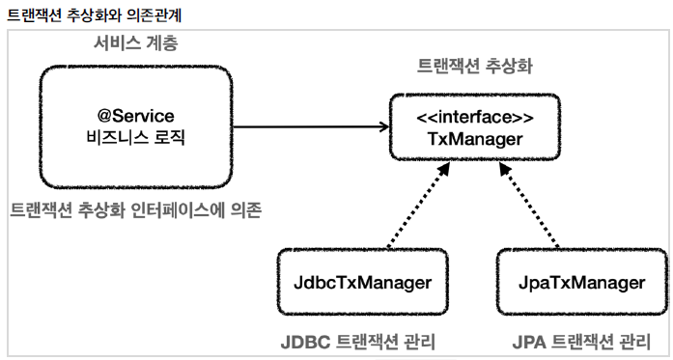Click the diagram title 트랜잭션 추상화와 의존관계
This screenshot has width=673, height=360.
95,15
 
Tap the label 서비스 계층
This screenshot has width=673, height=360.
135,43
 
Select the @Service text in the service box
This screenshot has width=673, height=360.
135,116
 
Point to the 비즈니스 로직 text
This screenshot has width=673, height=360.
135,138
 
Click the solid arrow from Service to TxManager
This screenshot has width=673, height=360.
311,126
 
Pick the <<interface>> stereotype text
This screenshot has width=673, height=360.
475,117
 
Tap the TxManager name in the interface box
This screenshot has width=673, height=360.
475,139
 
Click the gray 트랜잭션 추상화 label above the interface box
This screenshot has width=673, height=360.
475,67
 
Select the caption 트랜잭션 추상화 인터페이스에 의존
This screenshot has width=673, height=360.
135,210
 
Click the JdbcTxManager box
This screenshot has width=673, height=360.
363,282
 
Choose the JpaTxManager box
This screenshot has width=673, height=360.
582,282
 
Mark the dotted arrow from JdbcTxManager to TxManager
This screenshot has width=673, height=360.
418,205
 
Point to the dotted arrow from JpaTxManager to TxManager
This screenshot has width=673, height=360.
529,205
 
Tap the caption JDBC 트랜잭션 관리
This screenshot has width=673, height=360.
358,342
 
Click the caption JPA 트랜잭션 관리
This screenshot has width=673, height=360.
581,342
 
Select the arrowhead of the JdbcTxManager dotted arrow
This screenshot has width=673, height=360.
444,168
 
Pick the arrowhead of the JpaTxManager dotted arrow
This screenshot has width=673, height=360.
505,168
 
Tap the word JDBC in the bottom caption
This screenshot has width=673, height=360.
305,343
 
